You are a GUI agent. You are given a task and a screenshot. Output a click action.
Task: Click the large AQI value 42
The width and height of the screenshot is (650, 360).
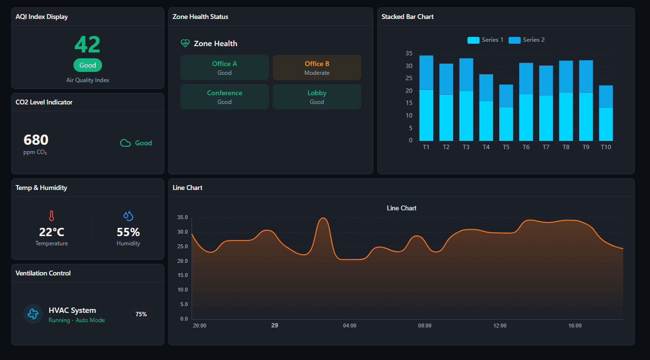(x=88, y=45)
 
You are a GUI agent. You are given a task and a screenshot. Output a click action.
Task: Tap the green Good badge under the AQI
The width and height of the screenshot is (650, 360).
(x=88, y=65)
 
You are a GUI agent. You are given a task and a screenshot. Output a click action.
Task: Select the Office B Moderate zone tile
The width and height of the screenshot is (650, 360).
(x=317, y=68)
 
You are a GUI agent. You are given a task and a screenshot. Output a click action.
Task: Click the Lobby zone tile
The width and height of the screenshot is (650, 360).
(x=317, y=97)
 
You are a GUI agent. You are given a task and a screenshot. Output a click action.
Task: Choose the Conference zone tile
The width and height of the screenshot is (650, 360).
(x=225, y=97)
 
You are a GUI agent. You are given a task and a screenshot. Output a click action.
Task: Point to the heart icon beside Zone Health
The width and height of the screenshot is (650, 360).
(x=185, y=43)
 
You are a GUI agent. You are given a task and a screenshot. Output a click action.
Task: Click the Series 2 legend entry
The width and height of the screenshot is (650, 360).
(x=527, y=40)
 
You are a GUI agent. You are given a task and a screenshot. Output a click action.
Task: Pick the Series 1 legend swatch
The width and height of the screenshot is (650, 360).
(x=473, y=40)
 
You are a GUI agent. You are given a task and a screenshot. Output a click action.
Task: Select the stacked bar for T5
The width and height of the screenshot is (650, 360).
(x=506, y=113)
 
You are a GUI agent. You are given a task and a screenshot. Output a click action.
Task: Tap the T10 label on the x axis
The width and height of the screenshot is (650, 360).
(x=606, y=147)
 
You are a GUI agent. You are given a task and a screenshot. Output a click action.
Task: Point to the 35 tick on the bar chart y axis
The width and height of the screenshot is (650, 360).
(x=409, y=53)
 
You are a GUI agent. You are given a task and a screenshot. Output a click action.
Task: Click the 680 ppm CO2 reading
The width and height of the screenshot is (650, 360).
(x=36, y=140)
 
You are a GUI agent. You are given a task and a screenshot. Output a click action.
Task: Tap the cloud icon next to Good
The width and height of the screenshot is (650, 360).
(x=125, y=143)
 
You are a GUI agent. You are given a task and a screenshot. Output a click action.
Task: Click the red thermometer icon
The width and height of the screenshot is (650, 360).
(x=52, y=216)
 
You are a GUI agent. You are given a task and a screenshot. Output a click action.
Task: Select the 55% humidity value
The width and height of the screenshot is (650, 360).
(x=128, y=232)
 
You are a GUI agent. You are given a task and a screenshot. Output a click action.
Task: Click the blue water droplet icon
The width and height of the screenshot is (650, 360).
(x=128, y=216)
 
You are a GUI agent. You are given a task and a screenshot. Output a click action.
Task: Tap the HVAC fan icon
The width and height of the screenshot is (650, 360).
(x=33, y=314)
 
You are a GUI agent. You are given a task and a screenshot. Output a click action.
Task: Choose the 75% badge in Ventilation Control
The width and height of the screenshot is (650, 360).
(x=141, y=314)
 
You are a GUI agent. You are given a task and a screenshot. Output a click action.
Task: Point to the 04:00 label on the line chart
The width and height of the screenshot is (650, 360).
(x=350, y=326)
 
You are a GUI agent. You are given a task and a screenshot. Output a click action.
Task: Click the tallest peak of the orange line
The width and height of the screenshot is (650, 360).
(x=323, y=218)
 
